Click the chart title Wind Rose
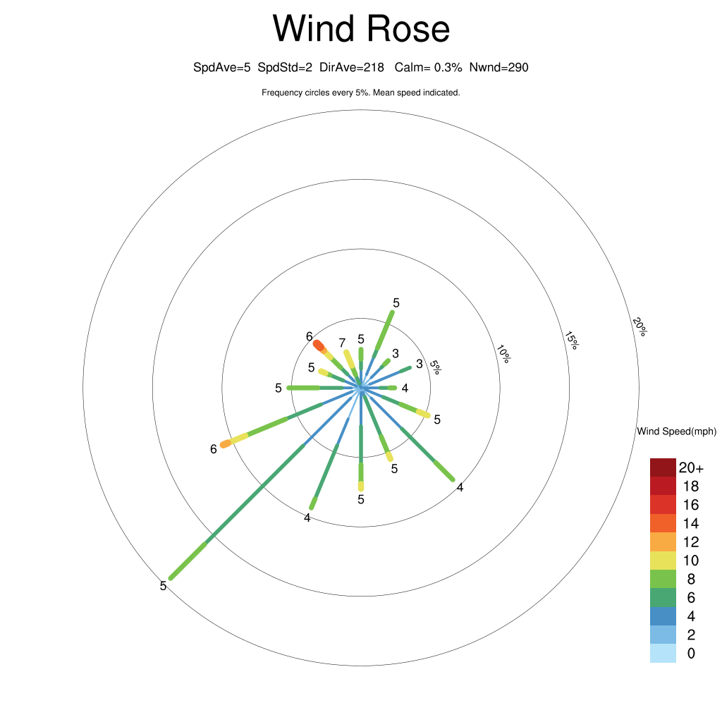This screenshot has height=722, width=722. click(361, 28)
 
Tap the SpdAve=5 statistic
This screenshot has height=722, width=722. click(222, 68)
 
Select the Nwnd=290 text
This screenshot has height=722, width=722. click(498, 68)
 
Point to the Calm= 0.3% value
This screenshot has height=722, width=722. click(428, 68)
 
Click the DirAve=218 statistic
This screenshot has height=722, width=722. click(352, 68)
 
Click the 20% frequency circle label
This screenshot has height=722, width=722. click(640, 326)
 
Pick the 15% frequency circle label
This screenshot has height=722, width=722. click(571, 341)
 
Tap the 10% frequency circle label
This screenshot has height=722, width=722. click(503, 354)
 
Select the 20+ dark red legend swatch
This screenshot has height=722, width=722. click(663, 467)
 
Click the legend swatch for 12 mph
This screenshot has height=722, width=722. click(663, 542)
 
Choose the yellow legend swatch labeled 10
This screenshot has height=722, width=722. click(663, 561)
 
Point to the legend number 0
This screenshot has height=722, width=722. click(691, 654)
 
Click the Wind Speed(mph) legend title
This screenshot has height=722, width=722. click(677, 432)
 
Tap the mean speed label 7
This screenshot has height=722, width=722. click(342, 343)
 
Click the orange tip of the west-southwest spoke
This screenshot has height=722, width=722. click(225, 444)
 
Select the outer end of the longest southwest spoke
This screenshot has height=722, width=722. click(171, 578)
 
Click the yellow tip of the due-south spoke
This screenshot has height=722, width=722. click(361, 487)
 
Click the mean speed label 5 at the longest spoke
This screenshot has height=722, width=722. click(163, 586)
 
